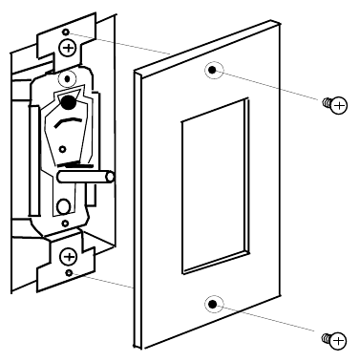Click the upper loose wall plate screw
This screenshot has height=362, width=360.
(335, 105)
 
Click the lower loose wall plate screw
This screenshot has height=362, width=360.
(335, 336)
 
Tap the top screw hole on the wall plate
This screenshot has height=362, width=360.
(212, 71)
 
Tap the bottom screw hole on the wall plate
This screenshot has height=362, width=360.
(213, 304)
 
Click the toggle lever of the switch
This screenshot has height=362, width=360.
(87, 176)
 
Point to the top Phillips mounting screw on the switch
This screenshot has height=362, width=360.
(68, 46)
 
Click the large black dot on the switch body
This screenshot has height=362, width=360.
(70, 102)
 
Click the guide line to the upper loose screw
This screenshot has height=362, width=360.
(277, 87)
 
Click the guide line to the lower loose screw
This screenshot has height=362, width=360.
(277, 320)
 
